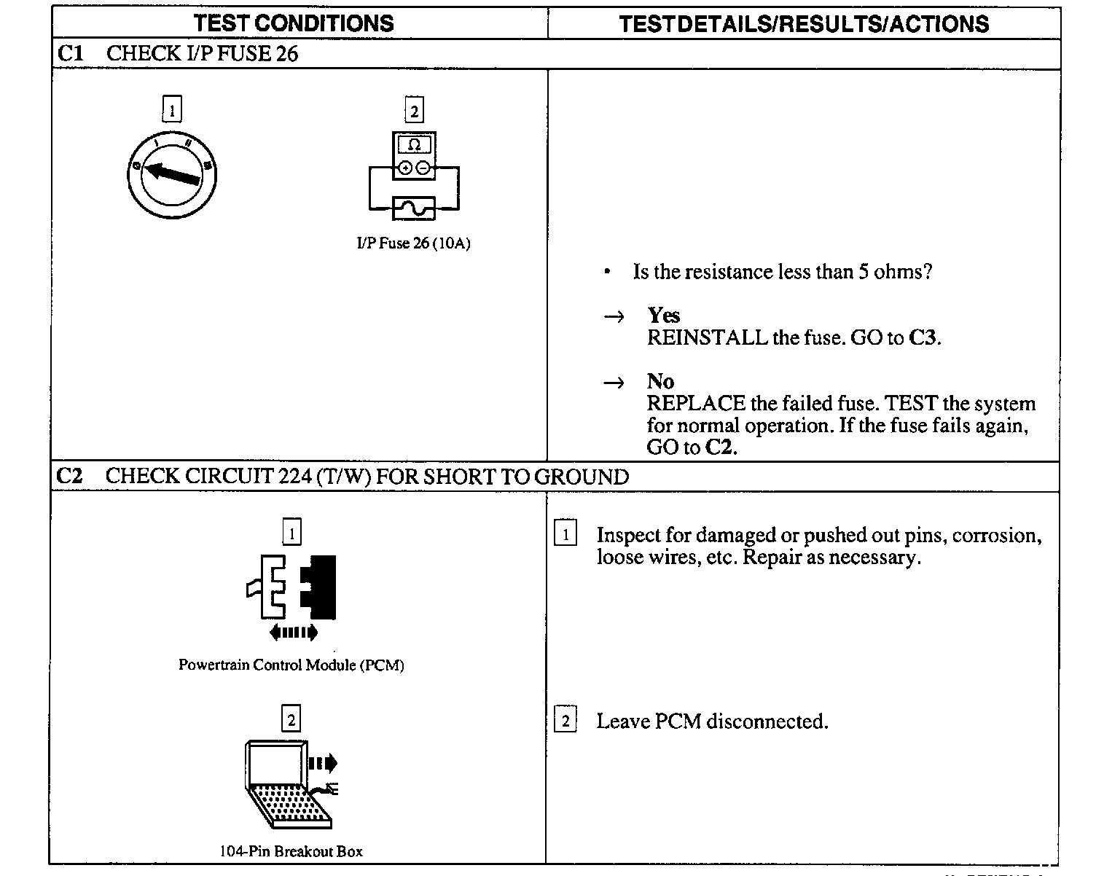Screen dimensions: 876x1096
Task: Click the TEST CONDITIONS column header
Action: click(x=294, y=23)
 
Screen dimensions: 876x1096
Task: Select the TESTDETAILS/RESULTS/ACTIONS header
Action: click(x=804, y=24)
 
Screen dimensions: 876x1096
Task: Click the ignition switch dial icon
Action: click(x=172, y=175)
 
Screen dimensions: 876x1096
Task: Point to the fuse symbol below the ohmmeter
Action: click(x=414, y=208)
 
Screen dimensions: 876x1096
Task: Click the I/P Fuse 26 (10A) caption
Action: click(x=413, y=243)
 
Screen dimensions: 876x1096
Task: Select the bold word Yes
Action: click(x=663, y=316)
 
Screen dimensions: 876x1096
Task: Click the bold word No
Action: click(x=660, y=381)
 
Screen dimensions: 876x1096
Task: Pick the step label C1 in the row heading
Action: click(x=70, y=53)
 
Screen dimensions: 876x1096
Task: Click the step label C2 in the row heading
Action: click(x=70, y=476)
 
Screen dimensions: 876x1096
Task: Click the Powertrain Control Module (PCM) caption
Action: click(x=291, y=665)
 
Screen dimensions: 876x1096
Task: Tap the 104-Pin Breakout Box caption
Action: click(x=291, y=851)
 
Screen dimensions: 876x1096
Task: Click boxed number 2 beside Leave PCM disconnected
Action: click(x=565, y=721)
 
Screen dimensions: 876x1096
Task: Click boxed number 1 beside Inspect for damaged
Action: click(x=565, y=534)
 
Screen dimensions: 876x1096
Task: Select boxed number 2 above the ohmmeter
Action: click(x=414, y=111)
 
